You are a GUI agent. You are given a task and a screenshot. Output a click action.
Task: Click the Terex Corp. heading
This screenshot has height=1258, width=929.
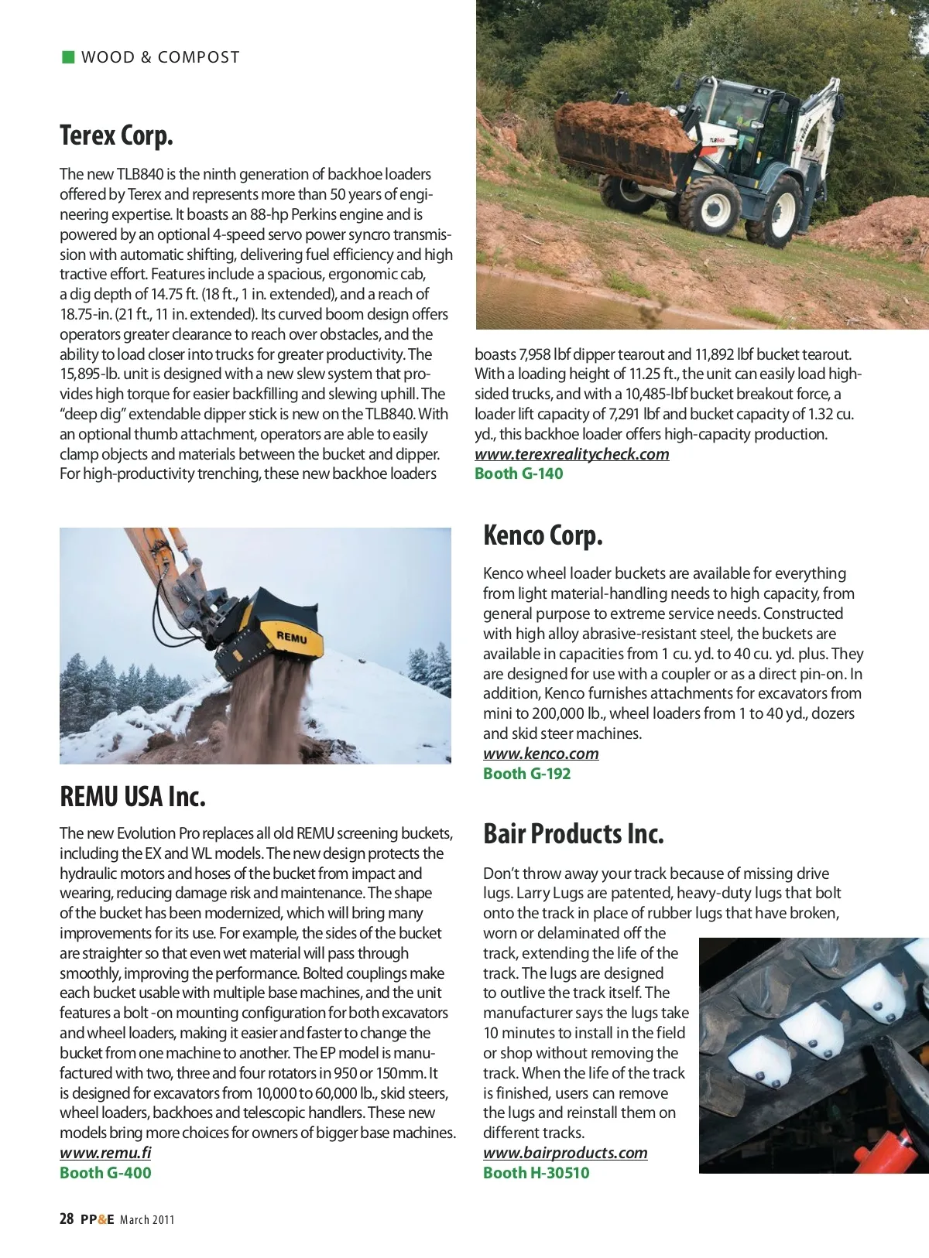click(116, 135)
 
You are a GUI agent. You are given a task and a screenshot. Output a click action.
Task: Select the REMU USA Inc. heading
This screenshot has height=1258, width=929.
click(132, 796)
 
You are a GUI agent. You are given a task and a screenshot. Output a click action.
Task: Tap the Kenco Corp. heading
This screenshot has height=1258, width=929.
click(543, 535)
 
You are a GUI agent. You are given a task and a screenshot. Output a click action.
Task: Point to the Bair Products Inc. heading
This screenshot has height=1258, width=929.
click(573, 833)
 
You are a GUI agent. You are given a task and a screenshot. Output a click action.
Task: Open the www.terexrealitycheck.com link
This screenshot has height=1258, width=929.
click(571, 454)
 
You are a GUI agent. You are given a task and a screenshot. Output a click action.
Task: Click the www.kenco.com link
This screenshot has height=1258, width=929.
click(540, 754)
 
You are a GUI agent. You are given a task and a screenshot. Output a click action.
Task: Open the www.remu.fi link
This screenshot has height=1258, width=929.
click(105, 1153)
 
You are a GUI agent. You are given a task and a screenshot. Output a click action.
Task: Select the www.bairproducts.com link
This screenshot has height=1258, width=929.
click(565, 1153)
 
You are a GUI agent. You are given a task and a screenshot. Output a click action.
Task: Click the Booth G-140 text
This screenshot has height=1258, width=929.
click(519, 473)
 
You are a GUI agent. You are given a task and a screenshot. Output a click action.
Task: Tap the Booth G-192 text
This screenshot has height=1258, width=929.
click(526, 774)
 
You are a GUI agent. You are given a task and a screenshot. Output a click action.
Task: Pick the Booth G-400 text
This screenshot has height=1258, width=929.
click(105, 1173)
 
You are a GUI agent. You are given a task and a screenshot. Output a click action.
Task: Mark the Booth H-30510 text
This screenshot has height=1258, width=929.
click(536, 1173)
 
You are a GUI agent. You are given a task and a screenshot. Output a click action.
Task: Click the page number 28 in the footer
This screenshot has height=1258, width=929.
click(67, 1219)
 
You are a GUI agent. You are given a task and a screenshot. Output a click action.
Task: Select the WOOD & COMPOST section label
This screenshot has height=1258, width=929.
click(160, 57)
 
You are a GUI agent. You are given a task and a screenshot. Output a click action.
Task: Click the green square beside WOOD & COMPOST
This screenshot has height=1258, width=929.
click(68, 56)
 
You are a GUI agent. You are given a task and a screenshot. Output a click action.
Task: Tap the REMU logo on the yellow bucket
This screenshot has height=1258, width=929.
click(292, 637)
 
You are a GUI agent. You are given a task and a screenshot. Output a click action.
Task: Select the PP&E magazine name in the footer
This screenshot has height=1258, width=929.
click(97, 1219)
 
